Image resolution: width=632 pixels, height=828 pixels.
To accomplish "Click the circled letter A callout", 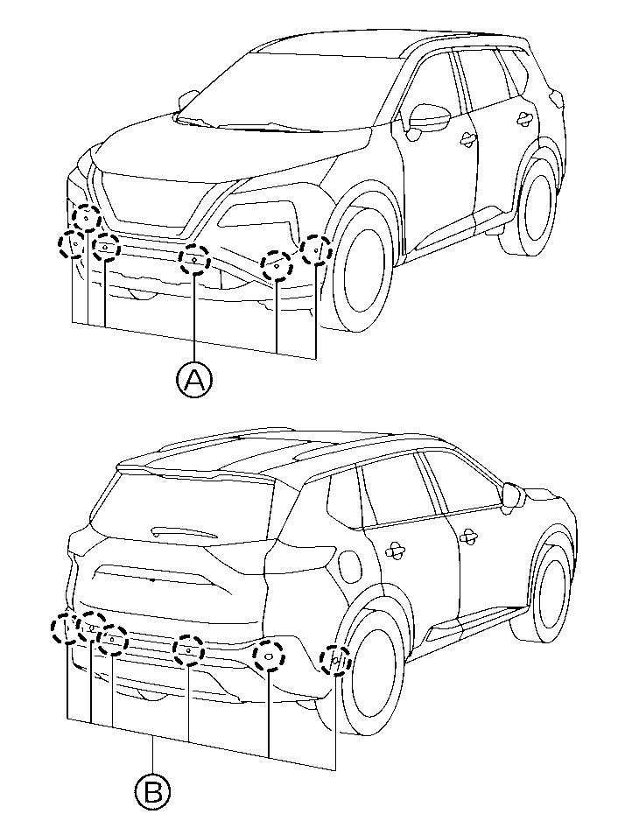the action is point(194,380).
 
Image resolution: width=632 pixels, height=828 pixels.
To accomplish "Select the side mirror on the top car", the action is point(428,117).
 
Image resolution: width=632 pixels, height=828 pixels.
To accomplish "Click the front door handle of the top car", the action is point(467,139).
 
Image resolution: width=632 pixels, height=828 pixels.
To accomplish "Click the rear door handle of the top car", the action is point(524,118).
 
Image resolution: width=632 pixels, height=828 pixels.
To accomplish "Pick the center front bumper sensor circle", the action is point(194,260).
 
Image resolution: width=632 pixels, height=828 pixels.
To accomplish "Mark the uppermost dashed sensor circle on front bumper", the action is point(87,217).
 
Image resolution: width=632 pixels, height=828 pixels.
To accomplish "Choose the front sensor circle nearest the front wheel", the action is point(316,249).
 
